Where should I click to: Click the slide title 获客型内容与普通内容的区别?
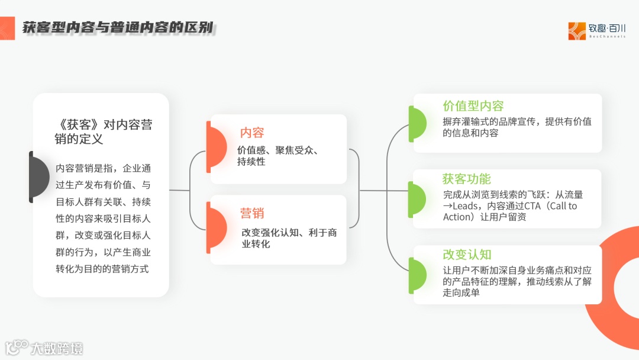tap(118, 27)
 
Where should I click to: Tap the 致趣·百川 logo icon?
tap(576, 31)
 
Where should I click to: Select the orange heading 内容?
tap(252, 133)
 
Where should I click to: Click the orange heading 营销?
tap(252, 213)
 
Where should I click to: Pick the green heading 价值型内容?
tap(473, 106)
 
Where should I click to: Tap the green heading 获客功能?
tap(467, 179)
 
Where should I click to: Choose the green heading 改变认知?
tap(467, 255)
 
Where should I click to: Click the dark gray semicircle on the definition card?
tap(40, 176)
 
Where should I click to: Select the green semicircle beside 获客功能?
tap(417, 199)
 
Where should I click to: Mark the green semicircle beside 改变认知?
tap(417, 275)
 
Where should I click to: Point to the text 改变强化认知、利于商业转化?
tap(289, 238)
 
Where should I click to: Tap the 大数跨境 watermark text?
tap(57, 348)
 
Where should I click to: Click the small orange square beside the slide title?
tap(7, 27)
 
